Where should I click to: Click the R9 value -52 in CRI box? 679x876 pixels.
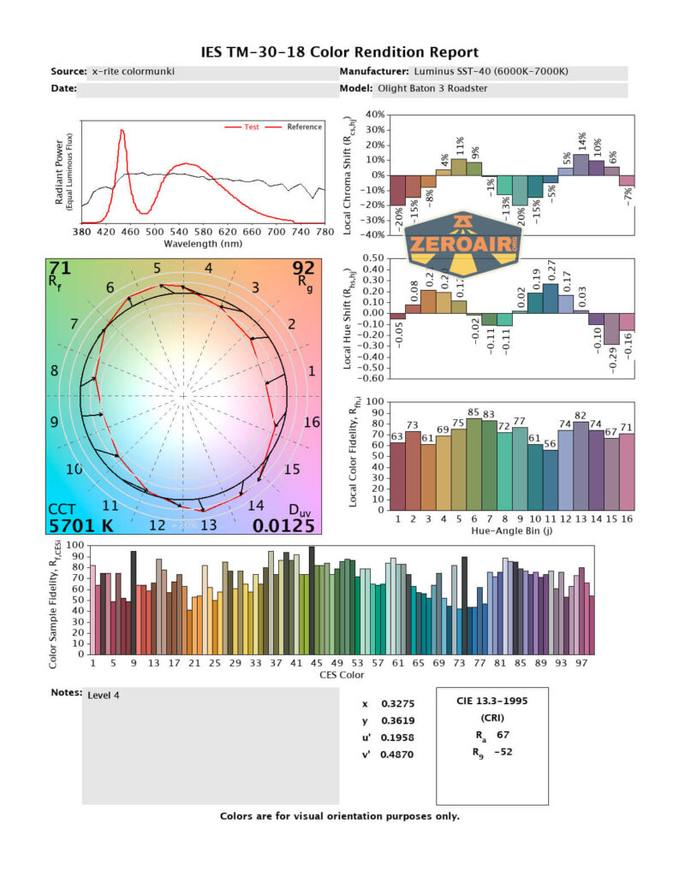(505, 753)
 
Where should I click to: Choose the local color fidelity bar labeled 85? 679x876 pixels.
(474, 462)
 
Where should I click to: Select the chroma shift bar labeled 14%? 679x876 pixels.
(581, 165)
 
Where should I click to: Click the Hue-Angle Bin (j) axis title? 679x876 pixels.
(510, 530)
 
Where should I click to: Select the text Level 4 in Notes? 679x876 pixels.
(104, 695)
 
